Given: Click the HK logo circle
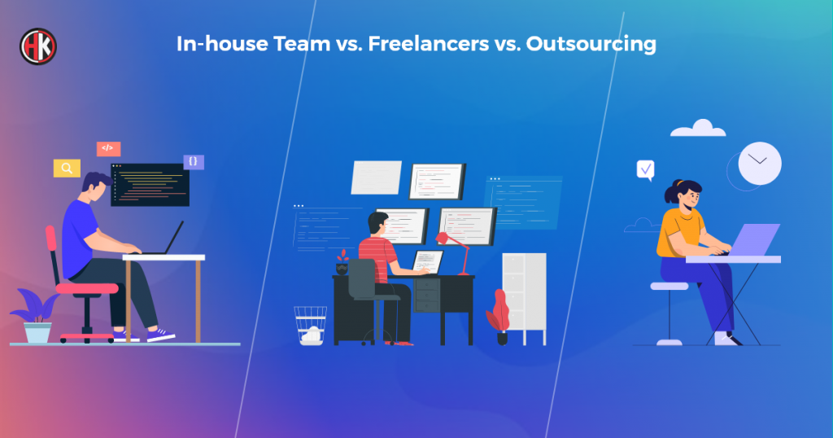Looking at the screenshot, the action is [38, 46].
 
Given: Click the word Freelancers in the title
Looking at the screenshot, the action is [428, 44].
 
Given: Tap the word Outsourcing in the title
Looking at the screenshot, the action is [591, 45].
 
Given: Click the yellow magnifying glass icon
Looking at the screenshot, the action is [67, 169].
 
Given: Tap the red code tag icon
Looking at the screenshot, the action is [108, 148].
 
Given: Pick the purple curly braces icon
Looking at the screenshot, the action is [194, 161].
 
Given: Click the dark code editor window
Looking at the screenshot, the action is [150, 185].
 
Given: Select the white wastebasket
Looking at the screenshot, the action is [311, 326].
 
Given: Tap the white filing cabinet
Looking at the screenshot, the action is [525, 298].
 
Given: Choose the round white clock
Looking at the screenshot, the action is [760, 163].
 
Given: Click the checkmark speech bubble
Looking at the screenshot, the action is [645, 170].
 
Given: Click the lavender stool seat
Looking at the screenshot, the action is [669, 286].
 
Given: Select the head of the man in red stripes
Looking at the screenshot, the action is [378, 223].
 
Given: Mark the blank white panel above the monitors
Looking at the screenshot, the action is [376, 177].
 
